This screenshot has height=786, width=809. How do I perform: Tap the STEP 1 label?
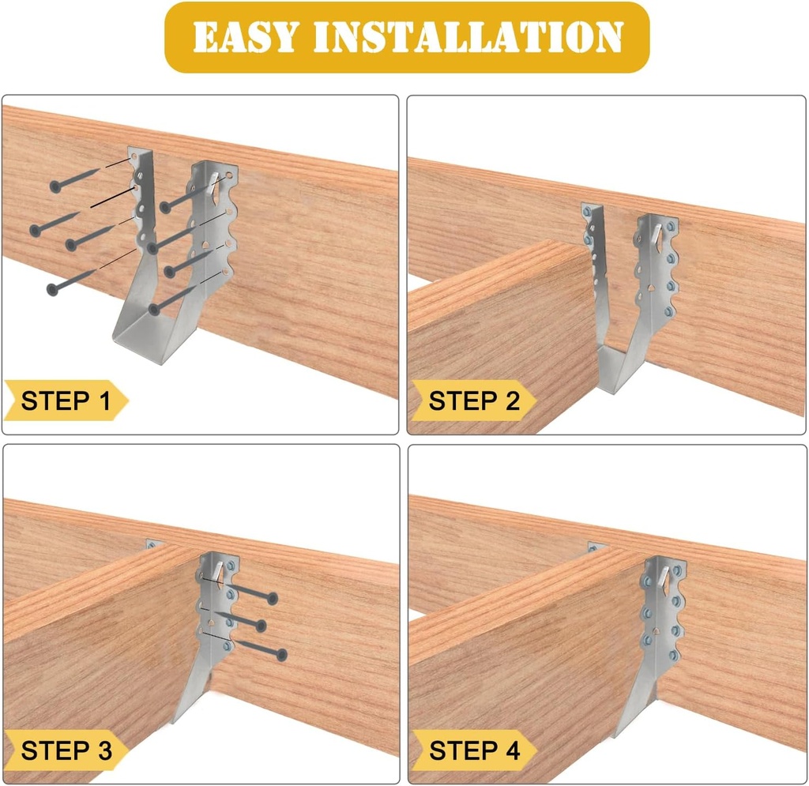66,401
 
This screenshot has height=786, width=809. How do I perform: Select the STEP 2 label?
473,401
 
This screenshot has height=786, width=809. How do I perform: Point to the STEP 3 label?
66,750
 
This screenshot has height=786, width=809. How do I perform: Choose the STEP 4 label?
473,750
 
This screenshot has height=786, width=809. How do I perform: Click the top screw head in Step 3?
273,599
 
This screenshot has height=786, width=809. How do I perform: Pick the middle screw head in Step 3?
261,626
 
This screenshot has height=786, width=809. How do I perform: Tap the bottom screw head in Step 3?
280,654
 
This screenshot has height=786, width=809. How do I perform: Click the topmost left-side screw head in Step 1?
55,186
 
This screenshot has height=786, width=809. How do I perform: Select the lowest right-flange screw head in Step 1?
154,307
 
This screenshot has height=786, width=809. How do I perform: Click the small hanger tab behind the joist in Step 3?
153,544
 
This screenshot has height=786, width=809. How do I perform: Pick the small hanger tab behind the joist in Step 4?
596,547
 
